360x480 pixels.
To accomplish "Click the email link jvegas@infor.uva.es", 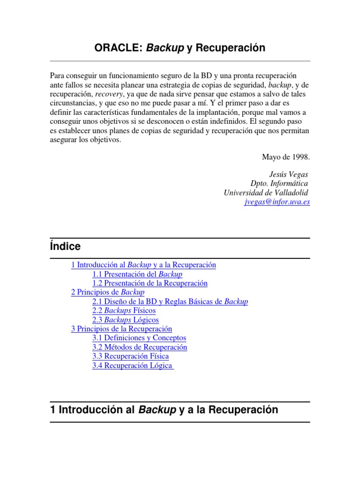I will coord(277,202).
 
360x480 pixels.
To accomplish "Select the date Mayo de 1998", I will coord(286,157).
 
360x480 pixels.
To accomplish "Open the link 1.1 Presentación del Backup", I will coord(137,274).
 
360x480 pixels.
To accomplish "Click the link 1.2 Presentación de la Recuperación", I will coord(150,283).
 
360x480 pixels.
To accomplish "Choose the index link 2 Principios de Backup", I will coord(108,292).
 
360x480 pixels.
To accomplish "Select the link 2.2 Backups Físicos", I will coord(124,310).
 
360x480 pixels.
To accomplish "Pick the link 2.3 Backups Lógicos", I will coord(126,320).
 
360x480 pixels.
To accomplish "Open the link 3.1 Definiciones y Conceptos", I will coord(139,338).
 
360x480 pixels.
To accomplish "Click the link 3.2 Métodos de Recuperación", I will coord(140,347).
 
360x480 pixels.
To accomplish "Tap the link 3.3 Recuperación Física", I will coord(131,356).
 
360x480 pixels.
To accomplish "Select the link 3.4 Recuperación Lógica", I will coord(133,366).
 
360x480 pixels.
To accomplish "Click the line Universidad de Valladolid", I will coord(266,193).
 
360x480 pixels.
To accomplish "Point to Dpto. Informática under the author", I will coord(280,183).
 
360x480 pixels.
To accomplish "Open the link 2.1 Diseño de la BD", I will coord(170,301).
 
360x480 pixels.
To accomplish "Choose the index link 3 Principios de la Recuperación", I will coord(121,329).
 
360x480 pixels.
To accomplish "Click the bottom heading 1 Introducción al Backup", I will coord(164,410).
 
